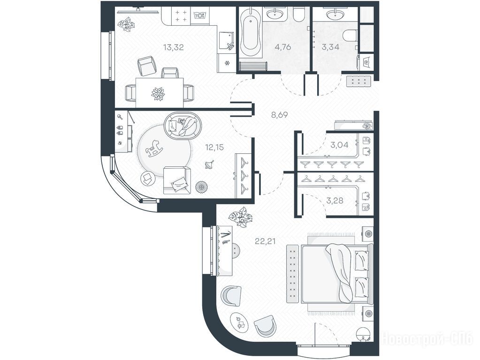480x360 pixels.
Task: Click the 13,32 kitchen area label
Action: point(173,47)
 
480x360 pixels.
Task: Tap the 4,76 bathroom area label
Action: point(283,47)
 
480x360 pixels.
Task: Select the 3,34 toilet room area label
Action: point(330,47)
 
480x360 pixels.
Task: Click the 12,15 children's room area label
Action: point(214,148)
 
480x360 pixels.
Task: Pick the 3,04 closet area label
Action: point(339,145)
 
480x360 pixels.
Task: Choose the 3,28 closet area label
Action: point(335,201)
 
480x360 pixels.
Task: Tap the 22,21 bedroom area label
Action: point(266,241)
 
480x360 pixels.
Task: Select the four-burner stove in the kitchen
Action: point(181,16)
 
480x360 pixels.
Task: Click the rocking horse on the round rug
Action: point(154,148)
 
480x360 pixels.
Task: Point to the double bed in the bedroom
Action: point(337,274)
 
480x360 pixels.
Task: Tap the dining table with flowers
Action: point(160,93)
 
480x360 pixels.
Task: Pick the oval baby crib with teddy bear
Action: point(183,125)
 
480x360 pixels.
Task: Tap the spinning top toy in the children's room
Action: point(209,165)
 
